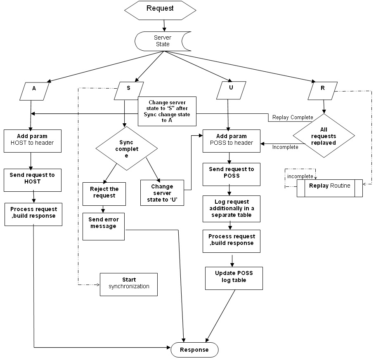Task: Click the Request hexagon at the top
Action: (160, 9)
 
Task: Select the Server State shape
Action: (163, 40)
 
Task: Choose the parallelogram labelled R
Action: (322, 91)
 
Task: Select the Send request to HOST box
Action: (32, 179)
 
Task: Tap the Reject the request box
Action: (104, 193)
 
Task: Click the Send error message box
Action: (104, 226)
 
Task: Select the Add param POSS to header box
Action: (232, 140)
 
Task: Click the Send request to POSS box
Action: (232, 174)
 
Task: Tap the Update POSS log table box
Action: (234, 278)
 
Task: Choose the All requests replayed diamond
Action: (324, 136)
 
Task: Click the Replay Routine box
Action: (329, 188)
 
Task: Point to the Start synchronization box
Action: (128, 284)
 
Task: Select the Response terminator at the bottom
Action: (194, 350)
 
